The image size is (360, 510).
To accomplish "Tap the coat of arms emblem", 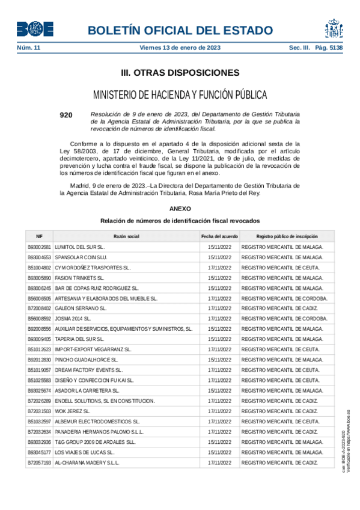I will click(x=334, y=28).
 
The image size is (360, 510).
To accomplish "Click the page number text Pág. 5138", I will click(x=328, y=48).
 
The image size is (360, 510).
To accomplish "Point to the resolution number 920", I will click(x=66, y=114).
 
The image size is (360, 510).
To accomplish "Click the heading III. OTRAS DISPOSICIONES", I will click(x=180, y=73).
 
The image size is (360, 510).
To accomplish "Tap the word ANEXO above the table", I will click(x=180, y=208).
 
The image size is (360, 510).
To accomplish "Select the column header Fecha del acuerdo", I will click(x=219, y=237).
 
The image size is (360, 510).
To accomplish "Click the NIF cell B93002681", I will click(x=39, y=247).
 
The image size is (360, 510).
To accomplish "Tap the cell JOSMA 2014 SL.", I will click(x=73, y=319).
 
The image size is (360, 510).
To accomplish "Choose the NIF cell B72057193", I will click(x=39, y=462).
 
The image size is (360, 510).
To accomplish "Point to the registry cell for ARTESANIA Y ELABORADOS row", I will click(x=284, y=298).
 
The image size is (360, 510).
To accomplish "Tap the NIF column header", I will click(x=39, y=237).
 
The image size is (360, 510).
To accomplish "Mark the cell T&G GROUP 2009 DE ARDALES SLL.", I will click(x=96, y=441).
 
